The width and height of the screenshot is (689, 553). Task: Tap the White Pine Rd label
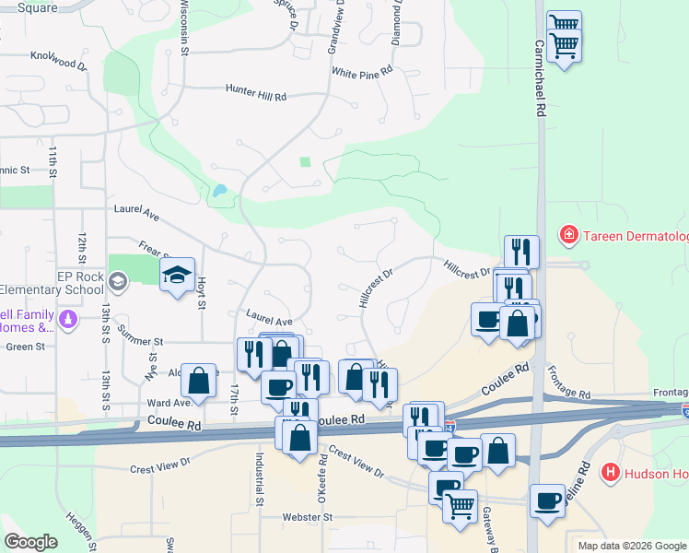click(362, 71)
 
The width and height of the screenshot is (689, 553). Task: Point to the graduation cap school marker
click(177, 275)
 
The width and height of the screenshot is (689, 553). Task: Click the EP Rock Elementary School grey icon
click(117, 280)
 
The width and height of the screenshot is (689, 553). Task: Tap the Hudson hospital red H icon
click(609, 474)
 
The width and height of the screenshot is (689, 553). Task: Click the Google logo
click(30, 542)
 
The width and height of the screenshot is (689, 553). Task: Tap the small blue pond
click(219, 193)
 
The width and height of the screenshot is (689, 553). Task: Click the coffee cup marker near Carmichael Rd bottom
click(547, 500)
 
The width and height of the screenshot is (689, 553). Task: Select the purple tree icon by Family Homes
click(67, 320)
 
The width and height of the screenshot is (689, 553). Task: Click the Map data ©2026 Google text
click(631, 546)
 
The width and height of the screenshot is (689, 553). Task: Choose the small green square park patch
click(306, 162)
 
